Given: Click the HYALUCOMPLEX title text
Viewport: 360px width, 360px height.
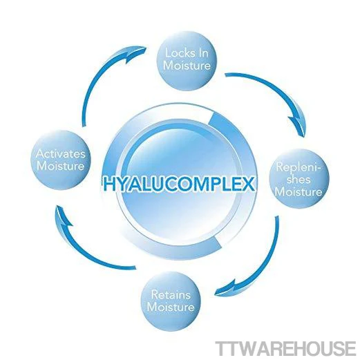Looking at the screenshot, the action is (x=178, y=183).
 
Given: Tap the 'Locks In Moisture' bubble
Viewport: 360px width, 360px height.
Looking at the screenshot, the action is (x=187, y=60).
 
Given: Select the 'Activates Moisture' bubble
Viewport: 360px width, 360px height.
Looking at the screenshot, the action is (x=61, y=160).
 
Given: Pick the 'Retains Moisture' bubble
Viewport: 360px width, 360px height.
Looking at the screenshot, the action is (x=171, y=301).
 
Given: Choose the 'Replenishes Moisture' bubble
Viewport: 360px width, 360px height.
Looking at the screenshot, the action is (x=299, y=179).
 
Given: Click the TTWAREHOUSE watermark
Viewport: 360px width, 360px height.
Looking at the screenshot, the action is (x=285, y=348).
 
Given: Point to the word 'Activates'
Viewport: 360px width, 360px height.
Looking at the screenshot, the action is (x=61, y=154).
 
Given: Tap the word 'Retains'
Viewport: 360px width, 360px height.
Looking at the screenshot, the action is (x=171, y=295).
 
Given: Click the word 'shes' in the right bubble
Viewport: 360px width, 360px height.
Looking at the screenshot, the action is (x=299, y=180).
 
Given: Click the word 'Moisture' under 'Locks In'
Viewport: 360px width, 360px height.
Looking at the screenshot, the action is (x=187, y=66).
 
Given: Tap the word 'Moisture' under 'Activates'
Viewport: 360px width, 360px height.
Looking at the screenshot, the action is (x=61, y=166).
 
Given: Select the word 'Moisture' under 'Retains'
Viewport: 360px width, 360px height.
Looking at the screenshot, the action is (x=171, y=307).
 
